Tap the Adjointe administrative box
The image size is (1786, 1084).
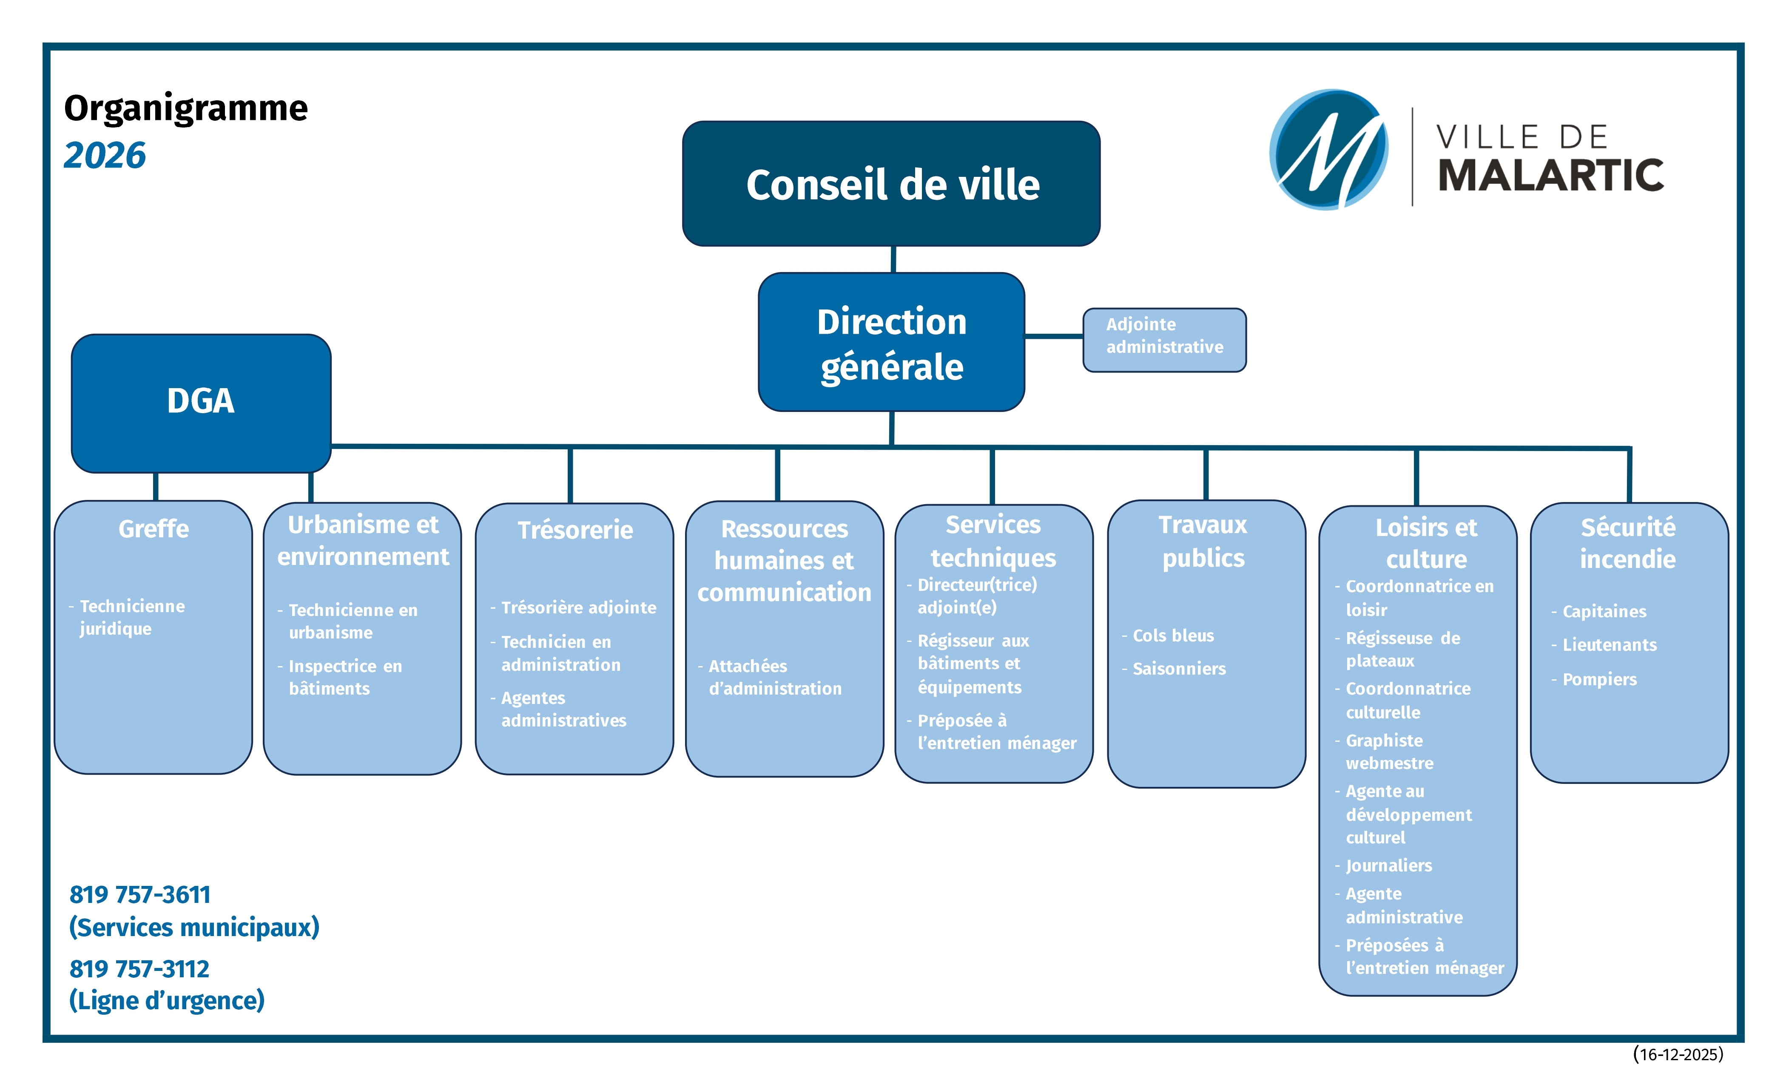1164,339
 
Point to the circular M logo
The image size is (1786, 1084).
1328,150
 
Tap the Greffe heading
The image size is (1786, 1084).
154,529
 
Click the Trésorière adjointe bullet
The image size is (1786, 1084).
578,607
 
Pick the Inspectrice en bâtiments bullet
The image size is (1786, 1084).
344,677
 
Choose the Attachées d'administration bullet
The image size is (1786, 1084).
774,677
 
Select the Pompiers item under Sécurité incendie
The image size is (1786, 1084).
1599,679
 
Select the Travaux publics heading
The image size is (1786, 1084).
1203,541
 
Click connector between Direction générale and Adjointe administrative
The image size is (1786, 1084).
1054,336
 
